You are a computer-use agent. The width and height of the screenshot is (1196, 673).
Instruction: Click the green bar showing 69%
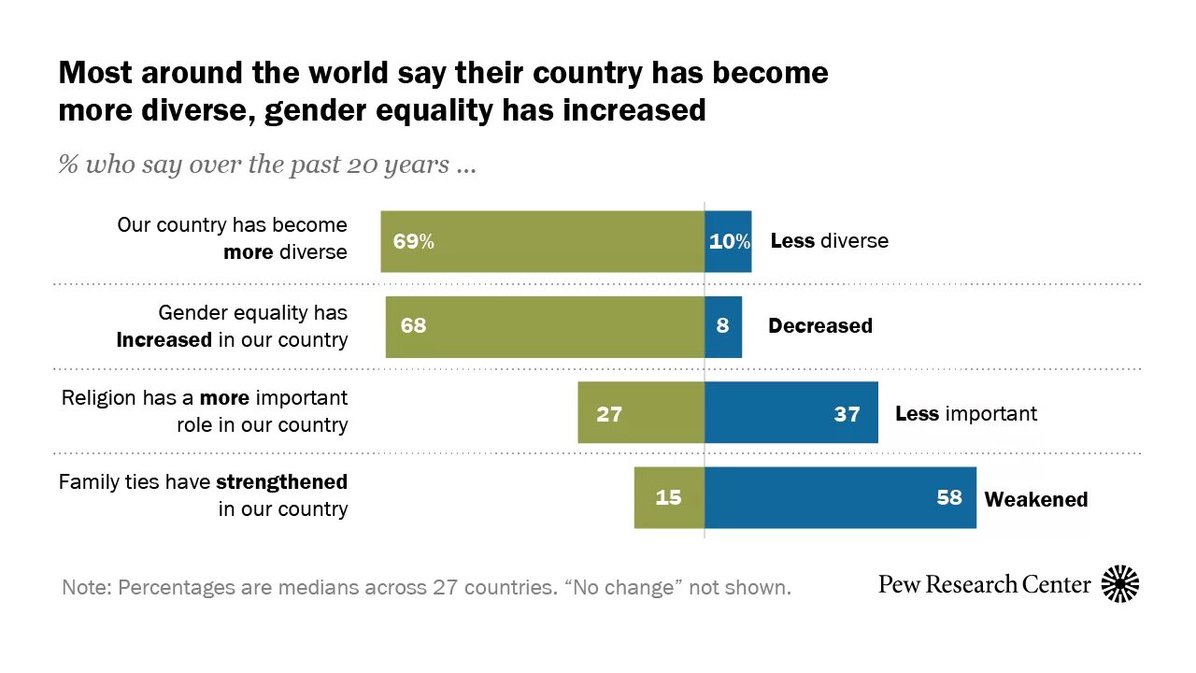click(542, 241)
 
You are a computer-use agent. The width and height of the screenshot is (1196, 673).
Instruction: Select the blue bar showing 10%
click(728, 241)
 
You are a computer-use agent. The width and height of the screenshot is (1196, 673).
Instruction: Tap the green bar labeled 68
click(545, 327)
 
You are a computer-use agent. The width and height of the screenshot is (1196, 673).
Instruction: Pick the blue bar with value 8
click(723, 327)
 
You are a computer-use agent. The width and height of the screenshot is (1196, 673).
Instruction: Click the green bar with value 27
click(641, 412)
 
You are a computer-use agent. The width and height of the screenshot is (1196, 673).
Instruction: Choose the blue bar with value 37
click(791, 412)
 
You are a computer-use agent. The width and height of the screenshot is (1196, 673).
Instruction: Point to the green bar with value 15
click(669, 497)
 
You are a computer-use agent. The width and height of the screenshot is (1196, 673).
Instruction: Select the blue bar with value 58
click(840, 497)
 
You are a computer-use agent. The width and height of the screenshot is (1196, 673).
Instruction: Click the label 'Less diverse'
click(829, 241)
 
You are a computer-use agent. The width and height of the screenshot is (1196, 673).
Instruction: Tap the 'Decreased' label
click(820, 326)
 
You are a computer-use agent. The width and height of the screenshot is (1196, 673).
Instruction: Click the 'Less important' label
click(966, 413)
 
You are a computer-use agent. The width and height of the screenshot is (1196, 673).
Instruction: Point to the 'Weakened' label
click(1036, 499)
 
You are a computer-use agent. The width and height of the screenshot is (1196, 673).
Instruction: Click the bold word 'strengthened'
click(281, 482)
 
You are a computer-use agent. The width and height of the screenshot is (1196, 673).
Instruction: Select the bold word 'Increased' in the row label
click(164, 339)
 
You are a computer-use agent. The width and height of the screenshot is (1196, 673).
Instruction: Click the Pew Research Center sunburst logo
click(1120, 584)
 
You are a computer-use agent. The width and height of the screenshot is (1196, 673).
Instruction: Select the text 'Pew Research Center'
click(985, 585)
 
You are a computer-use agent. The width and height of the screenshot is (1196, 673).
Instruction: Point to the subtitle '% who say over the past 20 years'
click(267, 166)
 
